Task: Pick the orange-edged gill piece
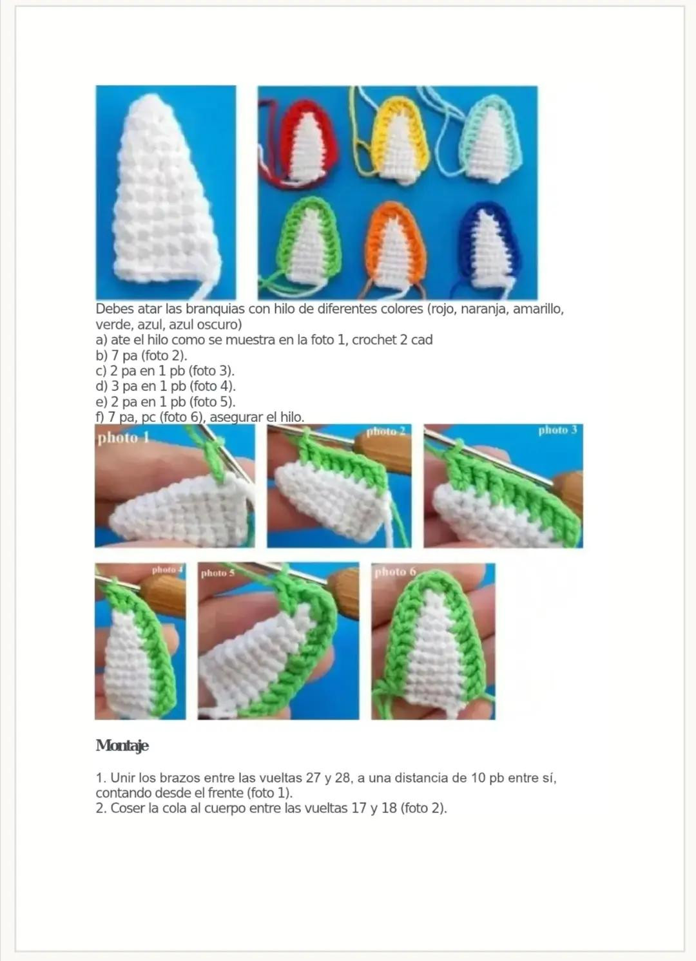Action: tap(394, 245)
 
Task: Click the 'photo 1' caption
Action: tap(123, 438)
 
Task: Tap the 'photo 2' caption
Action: tap(385, 431)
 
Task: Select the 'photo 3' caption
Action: tap(557, 430)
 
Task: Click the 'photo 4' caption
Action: tap(168, 570)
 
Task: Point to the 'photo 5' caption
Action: tap(218, 573)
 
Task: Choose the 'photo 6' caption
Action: tap(395, 571)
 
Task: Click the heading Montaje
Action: tap(122, 745)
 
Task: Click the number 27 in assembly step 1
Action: tap(315, 777)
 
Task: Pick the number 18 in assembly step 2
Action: tap(389, 808)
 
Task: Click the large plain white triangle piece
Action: tap(166, 193)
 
